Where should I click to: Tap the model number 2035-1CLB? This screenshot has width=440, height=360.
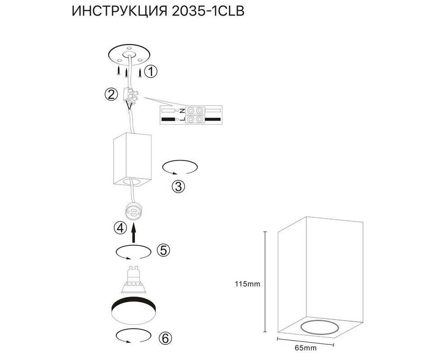208,11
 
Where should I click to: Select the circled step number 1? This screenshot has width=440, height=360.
151,72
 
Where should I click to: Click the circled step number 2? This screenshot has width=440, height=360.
112,94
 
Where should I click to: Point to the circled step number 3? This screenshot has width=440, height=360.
179,186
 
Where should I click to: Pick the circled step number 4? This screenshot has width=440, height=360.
120,228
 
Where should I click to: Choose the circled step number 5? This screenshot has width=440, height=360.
163,250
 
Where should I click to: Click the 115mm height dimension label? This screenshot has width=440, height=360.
247,284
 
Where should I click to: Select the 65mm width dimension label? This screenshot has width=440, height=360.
305,348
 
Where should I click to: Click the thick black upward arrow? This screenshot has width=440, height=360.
134,233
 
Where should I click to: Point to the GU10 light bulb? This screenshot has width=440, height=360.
133,279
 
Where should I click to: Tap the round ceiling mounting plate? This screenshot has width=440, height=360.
130,55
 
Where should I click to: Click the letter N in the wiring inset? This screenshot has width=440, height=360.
182,110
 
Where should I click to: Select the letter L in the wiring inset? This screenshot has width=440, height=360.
182,120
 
